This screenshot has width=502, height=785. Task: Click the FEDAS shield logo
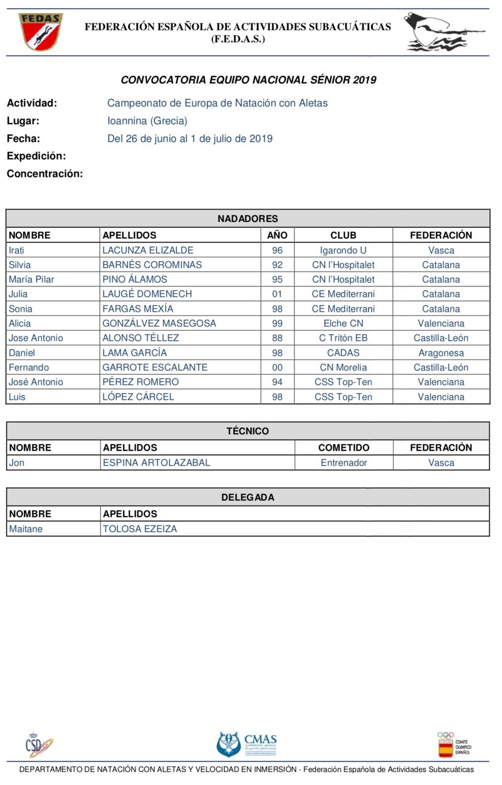[x=41, y=32]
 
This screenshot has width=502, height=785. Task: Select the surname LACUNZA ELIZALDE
[x=148, y=250]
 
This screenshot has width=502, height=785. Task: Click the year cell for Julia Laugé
[x=277, y=294]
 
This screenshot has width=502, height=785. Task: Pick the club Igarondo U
[x=343, y=250]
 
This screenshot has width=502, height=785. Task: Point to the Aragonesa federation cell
[x=441, y=353]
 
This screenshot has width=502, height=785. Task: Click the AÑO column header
[x=277, y=235]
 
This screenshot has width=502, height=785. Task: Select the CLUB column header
[x=343, y=235]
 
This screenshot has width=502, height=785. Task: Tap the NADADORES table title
[x=248, y=219]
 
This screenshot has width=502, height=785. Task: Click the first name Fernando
[x=29, y=367]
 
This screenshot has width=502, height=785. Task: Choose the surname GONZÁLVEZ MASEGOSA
[x=159, y=323]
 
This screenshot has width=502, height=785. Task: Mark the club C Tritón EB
[x=343, y=338]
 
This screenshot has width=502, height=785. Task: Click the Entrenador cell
[x=343, y=463]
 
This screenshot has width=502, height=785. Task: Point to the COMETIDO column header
[x=343, y=447]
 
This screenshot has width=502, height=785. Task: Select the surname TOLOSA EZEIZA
[x=139, y=529]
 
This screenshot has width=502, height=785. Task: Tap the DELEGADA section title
[x=248, y=497]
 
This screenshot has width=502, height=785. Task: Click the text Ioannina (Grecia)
[x=147, y=121]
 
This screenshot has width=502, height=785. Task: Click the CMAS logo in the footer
[x=247, y=744]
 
